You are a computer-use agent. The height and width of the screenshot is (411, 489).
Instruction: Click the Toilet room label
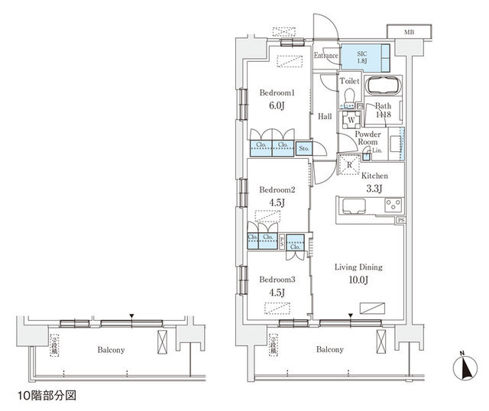[349, 80]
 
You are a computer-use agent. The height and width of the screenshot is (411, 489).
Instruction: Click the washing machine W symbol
[350, 120]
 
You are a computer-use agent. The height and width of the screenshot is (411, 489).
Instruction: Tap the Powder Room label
[368, 138]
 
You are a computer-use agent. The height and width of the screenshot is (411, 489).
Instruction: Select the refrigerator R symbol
[349, 163]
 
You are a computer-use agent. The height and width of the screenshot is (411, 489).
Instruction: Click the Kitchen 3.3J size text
[374, 187]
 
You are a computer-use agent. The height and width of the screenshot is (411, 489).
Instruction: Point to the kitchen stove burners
[393, 205]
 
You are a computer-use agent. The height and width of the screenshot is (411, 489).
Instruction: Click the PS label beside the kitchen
[400, 221]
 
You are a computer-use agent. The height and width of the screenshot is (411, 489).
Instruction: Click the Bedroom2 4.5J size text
[276, 202]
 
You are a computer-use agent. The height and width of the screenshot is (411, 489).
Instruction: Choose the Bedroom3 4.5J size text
[276, 292]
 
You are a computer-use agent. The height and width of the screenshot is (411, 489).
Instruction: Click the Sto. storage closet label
[304, 147]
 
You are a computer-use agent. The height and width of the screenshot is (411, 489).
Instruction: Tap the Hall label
[325, 117]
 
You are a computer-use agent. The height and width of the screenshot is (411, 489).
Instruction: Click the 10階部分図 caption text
[47, 396]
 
